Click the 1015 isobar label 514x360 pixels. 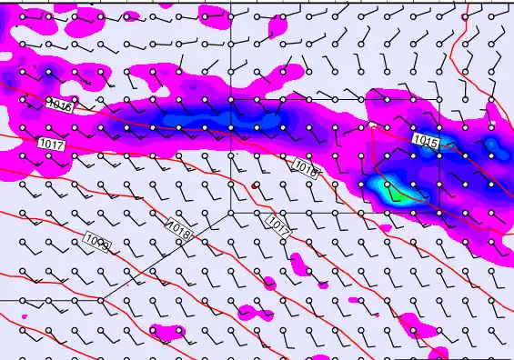(x=425, y=140)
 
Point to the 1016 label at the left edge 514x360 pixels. (x=58, y=105)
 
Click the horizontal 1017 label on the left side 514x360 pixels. (x=51, y=144)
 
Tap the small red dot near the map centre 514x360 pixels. (x=255, y=185)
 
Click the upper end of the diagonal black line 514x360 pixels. (x=229, y=212)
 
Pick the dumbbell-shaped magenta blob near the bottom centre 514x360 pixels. (x=254, y=312)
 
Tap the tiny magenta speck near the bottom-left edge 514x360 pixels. (x=25, y=316)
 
